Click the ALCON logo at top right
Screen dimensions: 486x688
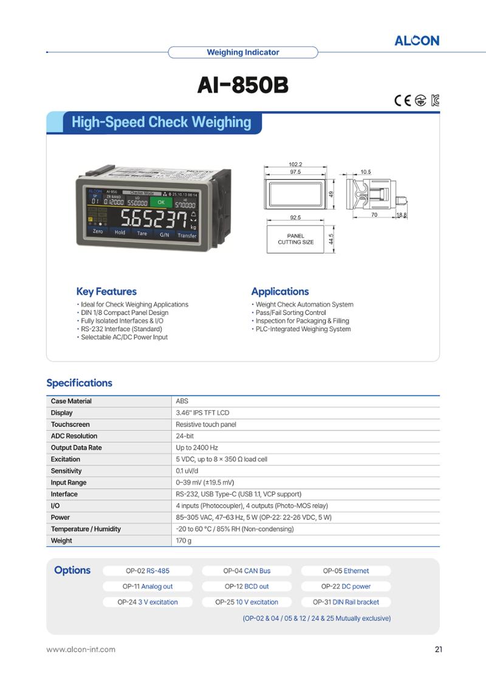[417, 41]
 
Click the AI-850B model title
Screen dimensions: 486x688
[242, 85]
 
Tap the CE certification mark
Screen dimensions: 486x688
[402, 100]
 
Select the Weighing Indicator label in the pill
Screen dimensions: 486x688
[243, 52]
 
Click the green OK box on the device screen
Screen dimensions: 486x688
[161, 202]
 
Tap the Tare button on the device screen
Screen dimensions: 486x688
[142, 233]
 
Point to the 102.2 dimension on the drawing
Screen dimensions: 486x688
[295, 164]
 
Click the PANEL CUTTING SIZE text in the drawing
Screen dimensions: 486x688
[296, 239]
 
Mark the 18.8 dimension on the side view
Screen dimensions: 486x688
[402, 215]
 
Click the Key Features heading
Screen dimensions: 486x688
[106, 291]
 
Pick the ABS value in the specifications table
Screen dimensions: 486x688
[182, 401]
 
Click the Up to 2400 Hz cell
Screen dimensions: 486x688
[197, 447]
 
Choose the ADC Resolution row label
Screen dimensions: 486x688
[74, 436]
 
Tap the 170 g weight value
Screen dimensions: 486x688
[184, 540]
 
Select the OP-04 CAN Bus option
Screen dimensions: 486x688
[247, 571]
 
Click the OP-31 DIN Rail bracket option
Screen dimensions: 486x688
[346, 602]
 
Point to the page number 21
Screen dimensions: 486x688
[439, 649]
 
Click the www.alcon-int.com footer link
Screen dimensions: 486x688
[81, 649]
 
